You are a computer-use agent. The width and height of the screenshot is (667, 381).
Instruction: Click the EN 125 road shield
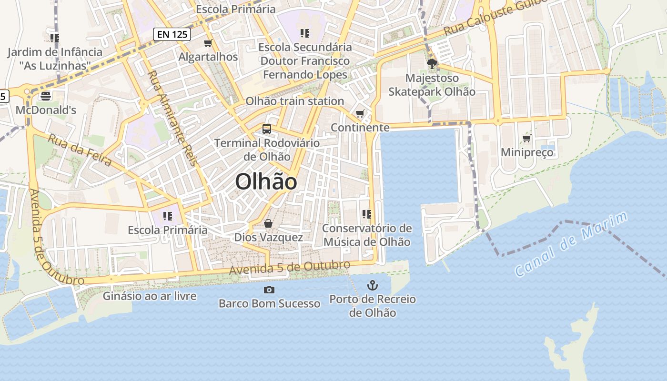(172, 34)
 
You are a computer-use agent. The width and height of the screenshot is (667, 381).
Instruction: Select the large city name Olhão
(266, 182)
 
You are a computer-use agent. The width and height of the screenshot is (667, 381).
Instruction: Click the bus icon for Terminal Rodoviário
(267, 129)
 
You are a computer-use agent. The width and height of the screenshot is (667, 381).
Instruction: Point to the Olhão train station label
(294, 101)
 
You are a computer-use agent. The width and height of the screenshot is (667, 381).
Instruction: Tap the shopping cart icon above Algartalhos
(208, 43)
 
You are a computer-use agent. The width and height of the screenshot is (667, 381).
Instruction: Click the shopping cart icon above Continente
(360, 114)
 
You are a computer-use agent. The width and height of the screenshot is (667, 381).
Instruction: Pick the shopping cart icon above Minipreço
(526, 139)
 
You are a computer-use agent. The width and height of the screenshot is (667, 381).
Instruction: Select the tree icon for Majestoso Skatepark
(432, 64)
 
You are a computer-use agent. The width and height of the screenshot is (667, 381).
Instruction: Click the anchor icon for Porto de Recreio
(372, 285)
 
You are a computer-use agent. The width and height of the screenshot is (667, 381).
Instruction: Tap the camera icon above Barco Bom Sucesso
(269, 290)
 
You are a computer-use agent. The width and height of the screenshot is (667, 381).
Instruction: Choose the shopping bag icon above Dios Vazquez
(268, 223)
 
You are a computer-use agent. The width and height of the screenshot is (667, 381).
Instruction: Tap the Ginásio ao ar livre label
(150, 296)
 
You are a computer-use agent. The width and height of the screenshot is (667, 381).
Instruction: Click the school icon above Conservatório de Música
(366, 214)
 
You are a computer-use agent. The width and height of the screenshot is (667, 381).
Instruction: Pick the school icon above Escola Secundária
(305, 33)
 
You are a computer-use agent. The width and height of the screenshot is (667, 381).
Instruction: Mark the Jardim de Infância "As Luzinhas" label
(55, 58)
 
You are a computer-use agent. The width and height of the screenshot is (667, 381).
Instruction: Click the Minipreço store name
(527, 152)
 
